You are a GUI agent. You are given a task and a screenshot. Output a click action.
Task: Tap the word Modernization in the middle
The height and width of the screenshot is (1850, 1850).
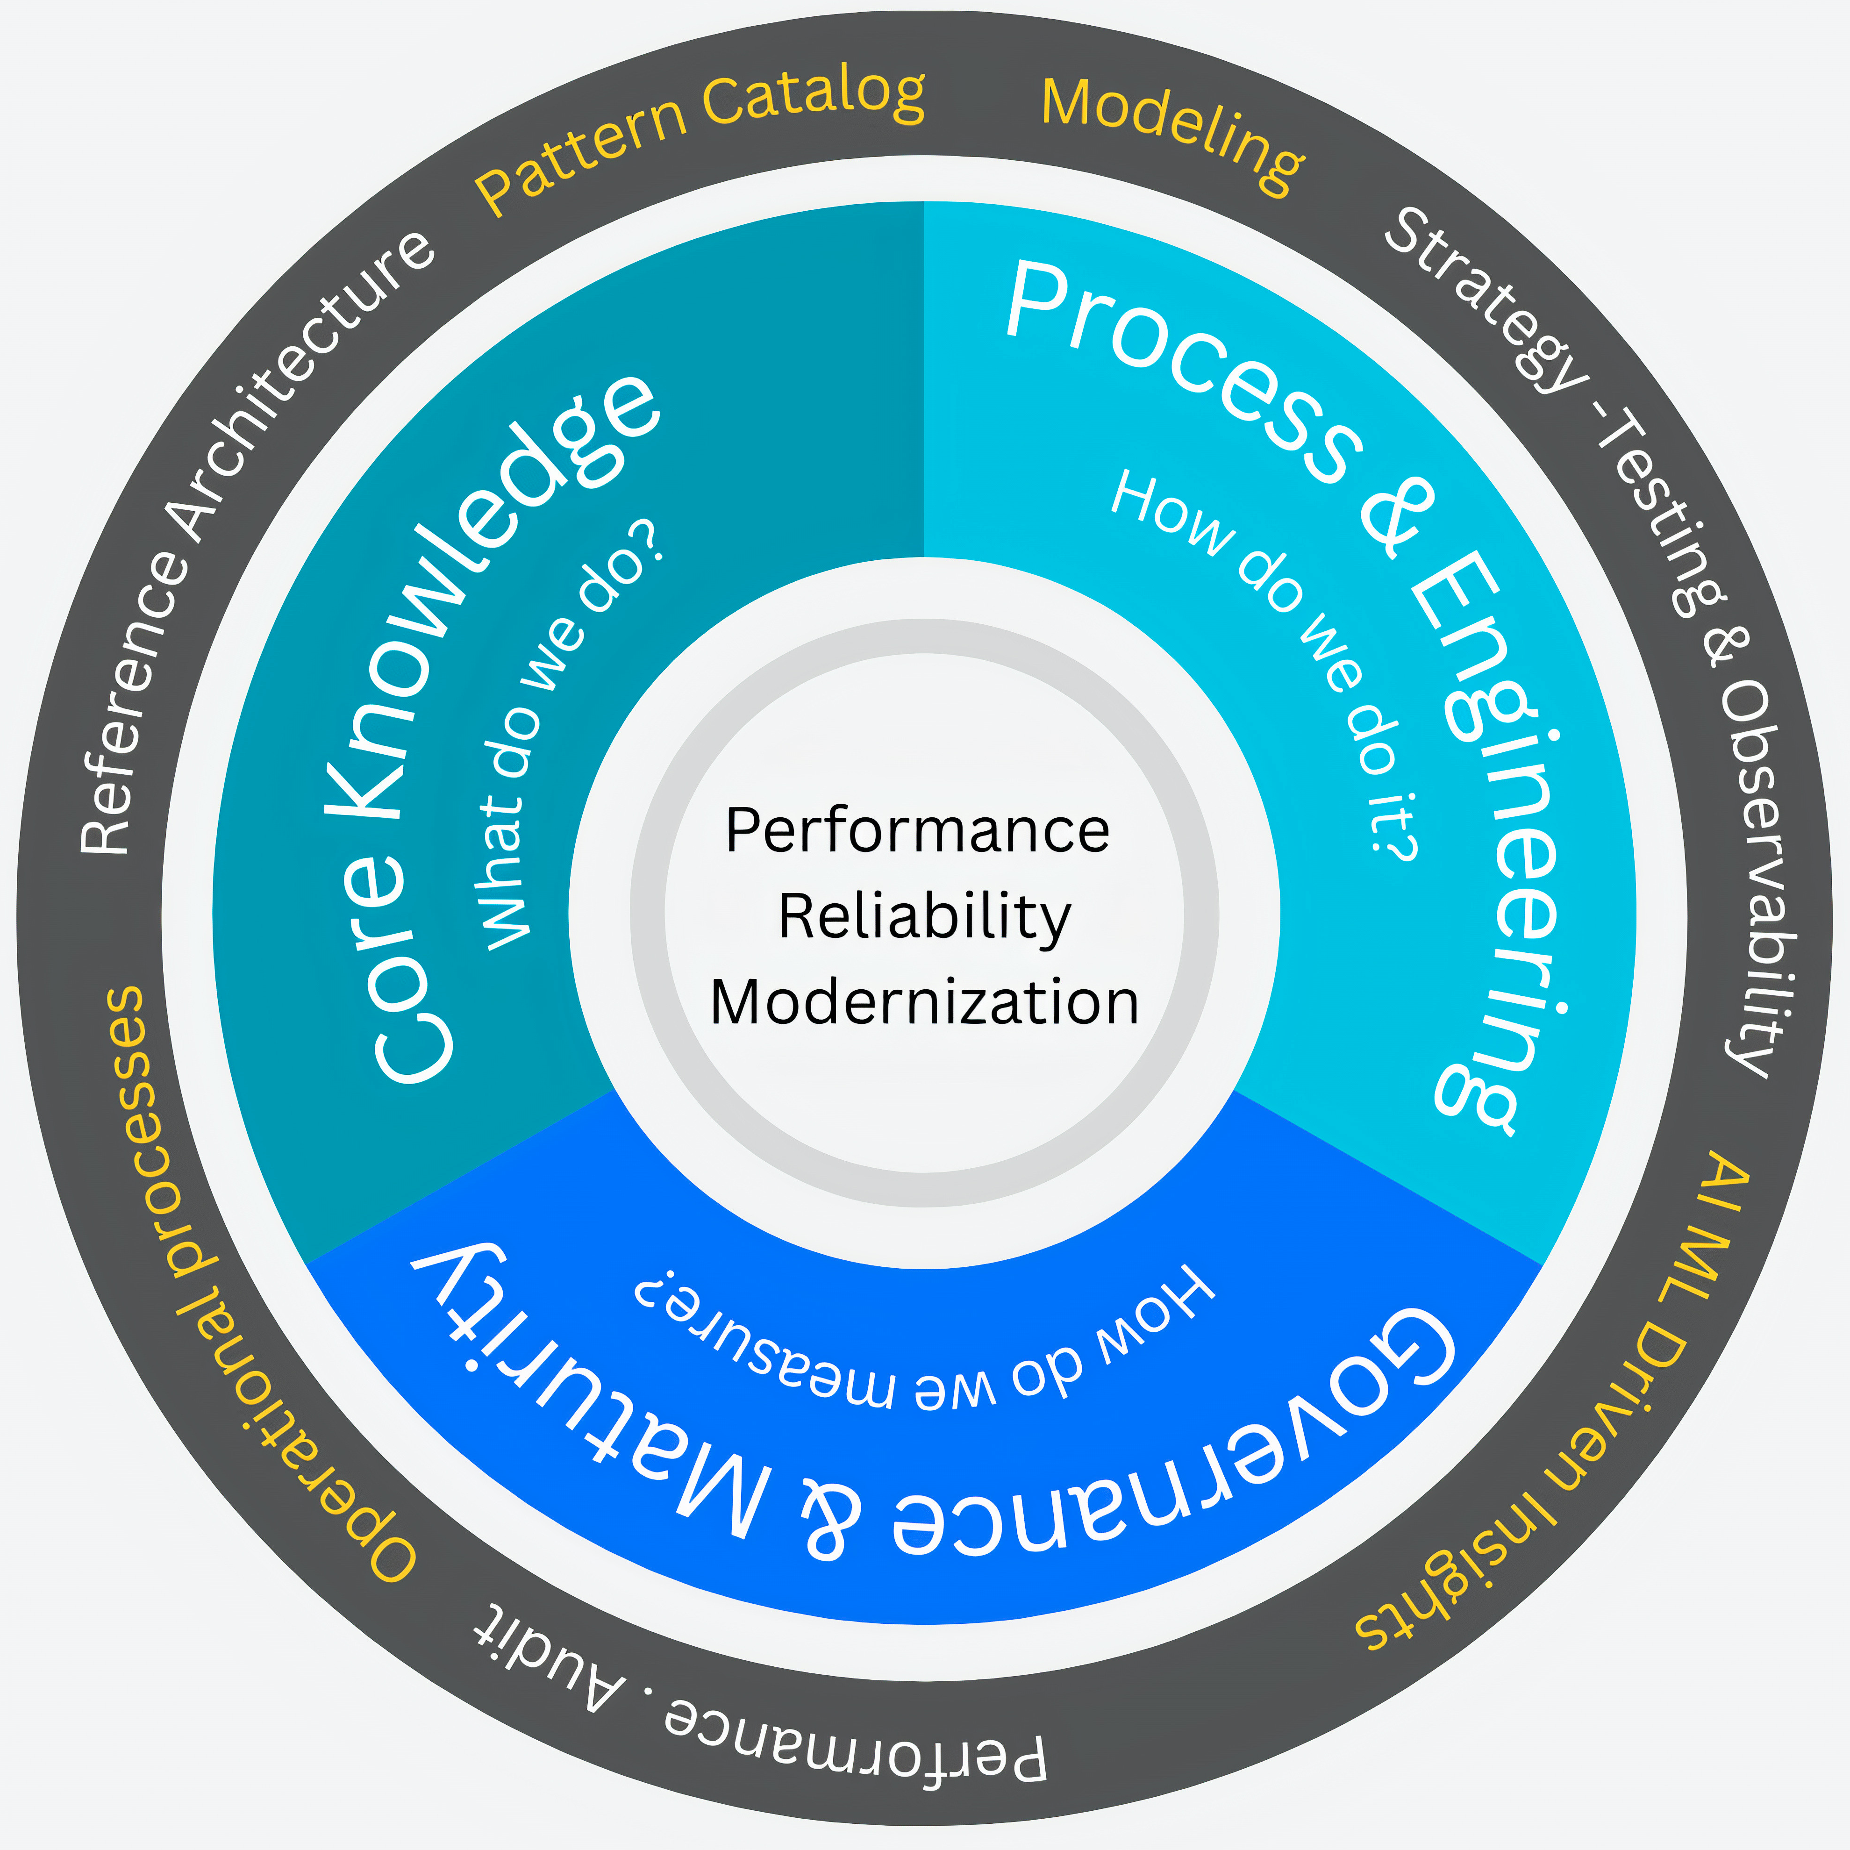924,1002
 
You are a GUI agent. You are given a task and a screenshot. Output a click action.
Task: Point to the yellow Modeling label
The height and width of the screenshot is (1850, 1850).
1173,134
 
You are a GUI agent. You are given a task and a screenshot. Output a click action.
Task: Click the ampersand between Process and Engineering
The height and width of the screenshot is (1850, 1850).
1398,517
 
